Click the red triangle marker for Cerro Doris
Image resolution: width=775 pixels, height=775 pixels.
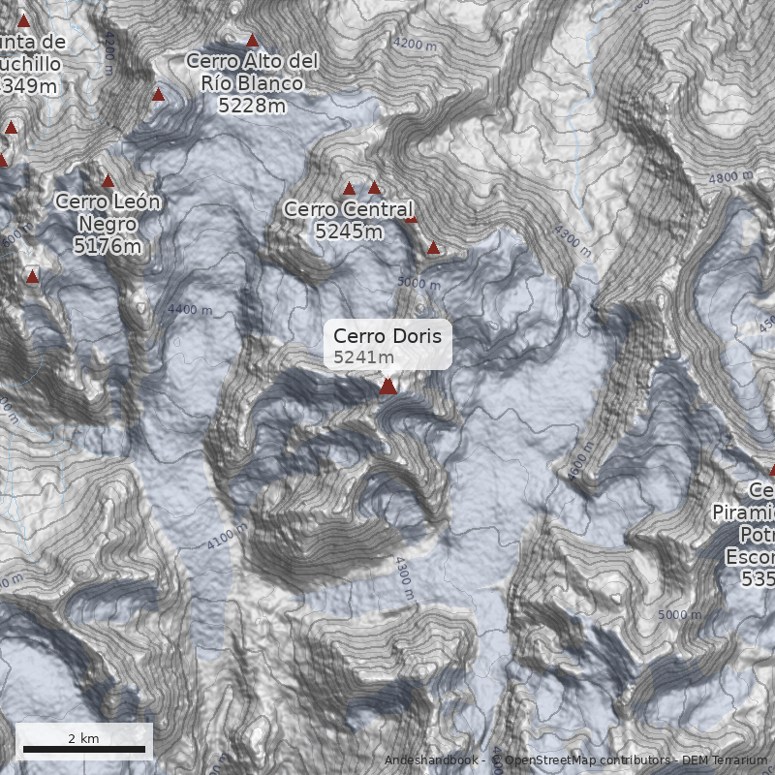click(387, 387)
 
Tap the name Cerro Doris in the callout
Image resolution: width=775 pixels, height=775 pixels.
click(387, 336)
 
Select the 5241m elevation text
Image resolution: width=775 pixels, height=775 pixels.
click(356, 357)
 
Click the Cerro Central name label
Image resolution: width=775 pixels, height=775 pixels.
click(348, 209)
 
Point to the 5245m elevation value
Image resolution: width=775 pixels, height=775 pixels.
click(348, 231)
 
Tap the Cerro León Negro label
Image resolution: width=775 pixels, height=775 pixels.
click(108, 212)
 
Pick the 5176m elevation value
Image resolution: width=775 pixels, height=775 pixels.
click(108, 246)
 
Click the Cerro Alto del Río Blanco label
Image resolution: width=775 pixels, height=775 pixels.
click(252, 72)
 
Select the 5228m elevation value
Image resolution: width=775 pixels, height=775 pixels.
click(252, 105)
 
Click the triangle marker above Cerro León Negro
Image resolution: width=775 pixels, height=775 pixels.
click(108, 181)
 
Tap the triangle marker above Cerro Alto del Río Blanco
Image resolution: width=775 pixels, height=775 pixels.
click(253, 41)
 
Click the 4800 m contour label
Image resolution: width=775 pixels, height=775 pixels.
click(730, 178)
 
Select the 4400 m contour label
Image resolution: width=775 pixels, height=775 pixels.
click(189, 310)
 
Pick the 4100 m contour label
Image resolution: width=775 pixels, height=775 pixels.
click(227, 537)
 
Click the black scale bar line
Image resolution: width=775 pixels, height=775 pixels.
click(83, 750)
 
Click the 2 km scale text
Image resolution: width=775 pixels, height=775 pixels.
click(83, 738)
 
